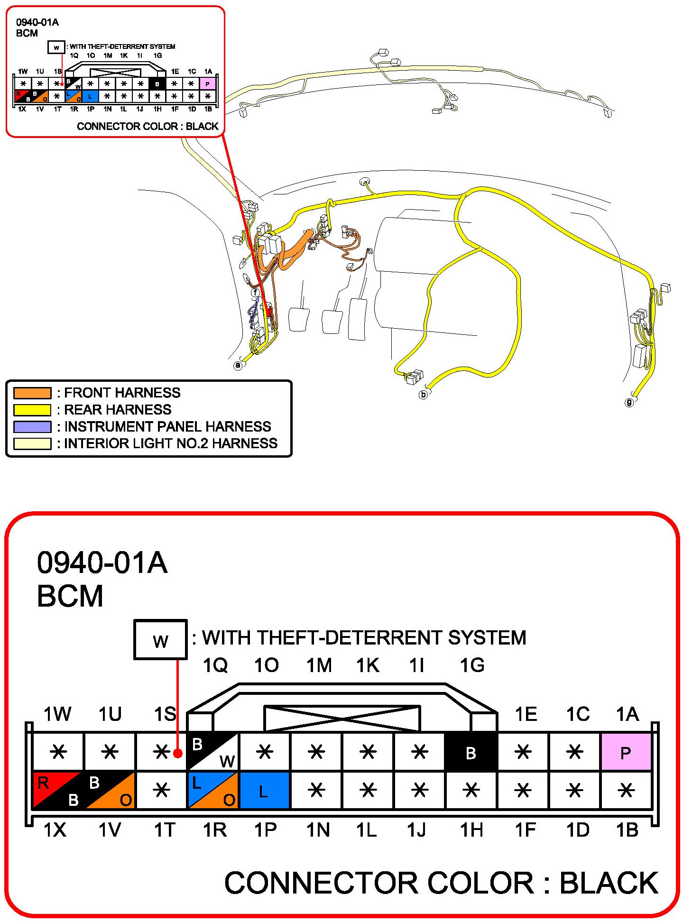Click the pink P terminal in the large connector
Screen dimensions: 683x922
[626, 752]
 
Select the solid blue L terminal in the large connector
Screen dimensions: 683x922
[264, 790]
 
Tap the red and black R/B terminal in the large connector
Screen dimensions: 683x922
[57, 790]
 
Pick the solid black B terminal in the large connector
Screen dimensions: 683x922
[471, 752]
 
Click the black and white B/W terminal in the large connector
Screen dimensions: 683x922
[213, 752]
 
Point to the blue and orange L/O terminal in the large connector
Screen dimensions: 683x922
[213, 790]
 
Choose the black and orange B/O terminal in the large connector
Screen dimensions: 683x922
[110, 790]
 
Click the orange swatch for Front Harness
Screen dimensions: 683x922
[32, 393]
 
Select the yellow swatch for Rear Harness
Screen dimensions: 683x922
[32, 410]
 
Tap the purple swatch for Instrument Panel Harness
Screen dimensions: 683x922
[32, 427]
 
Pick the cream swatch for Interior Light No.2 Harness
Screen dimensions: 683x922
[32, 443]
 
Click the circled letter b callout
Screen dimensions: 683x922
[424, 394]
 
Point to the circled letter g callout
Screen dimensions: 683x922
[629, 402]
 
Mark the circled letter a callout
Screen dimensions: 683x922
[238, 365]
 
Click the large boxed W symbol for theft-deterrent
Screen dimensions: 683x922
[160, 640]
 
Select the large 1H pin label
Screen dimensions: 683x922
[472, 830]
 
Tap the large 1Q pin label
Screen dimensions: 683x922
[215, 665]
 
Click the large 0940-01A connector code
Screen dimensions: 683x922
[102, 563]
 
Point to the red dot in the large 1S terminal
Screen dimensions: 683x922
[177, 753]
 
